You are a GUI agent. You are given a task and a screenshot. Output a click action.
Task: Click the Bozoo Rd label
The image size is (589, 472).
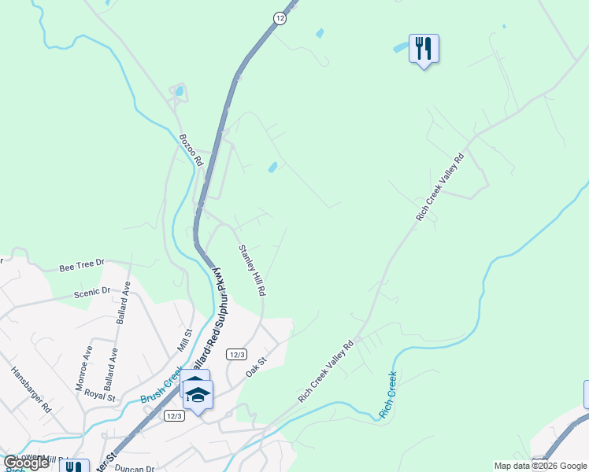191,149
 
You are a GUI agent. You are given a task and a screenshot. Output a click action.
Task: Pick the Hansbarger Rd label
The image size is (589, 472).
31,387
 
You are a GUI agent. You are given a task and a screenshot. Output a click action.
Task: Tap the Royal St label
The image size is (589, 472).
100,396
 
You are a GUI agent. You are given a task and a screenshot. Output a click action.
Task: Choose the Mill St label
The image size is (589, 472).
186,341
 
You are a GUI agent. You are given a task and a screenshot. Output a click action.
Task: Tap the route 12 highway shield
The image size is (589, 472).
280,17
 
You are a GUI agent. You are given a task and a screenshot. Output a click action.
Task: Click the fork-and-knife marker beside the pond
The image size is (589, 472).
424,49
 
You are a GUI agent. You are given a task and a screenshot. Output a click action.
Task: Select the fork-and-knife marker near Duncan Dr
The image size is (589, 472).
74,467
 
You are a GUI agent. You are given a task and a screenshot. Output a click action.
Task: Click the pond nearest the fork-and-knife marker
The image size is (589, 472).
400,48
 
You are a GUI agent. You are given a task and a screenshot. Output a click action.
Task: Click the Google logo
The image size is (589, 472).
25,463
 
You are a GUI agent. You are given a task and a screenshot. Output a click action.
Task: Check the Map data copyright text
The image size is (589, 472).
539,466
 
